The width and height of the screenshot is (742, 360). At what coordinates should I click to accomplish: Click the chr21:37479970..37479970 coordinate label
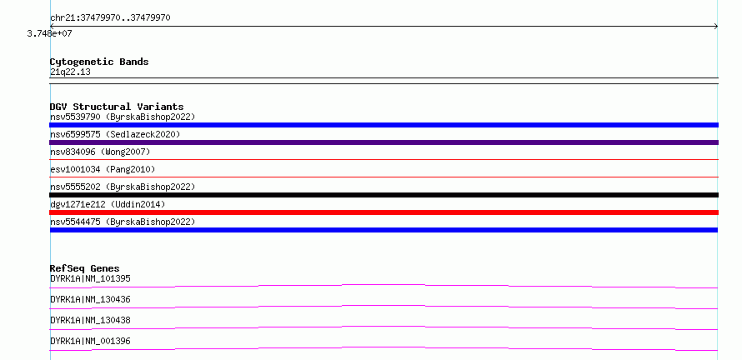(110, 18)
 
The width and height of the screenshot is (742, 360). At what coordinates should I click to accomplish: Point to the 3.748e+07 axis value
(50, 33)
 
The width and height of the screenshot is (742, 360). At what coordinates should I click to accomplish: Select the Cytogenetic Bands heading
(99, 62)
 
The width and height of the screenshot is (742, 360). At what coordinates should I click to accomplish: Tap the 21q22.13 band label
(70, 72)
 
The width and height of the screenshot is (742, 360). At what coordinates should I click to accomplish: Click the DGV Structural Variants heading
(117, 107)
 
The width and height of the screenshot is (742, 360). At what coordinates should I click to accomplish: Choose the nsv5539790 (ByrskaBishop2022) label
(123, 117)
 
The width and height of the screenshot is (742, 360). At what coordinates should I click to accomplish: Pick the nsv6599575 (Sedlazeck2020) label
(115, 134)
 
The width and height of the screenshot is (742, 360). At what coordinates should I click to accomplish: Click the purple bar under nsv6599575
(384, 142)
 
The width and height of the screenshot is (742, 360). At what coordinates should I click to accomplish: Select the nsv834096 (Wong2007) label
(100, 152)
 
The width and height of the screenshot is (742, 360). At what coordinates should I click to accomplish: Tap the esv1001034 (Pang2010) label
(103, 169)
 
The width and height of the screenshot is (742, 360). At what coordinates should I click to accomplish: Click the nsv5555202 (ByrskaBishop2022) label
(123, 187)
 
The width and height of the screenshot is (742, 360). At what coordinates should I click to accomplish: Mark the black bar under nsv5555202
(384, 195)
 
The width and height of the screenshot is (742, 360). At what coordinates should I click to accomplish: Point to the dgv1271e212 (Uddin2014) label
(108, 204)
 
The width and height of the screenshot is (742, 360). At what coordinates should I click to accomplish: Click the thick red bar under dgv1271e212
(384, 212)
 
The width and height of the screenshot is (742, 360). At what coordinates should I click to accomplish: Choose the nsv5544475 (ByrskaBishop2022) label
(123, 222)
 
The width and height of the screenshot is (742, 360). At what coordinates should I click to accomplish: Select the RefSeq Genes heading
(85, 268)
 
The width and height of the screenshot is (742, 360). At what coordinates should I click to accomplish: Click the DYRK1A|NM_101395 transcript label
(90, 278)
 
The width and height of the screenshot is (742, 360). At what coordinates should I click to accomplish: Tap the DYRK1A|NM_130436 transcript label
(90, 299)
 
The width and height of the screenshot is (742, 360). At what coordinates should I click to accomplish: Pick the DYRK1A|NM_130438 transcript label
(90, 320)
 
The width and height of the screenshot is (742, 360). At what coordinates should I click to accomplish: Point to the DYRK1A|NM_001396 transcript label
(90, 341)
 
